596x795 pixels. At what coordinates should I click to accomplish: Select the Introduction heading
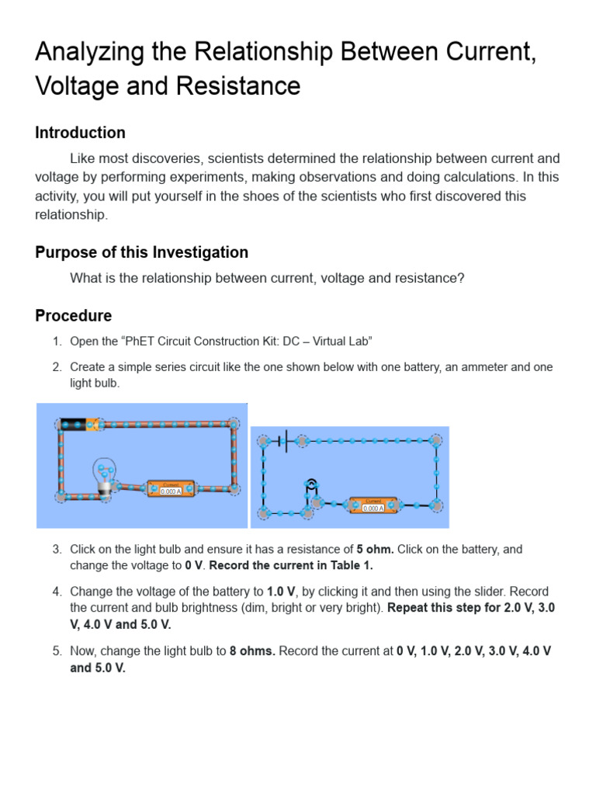[80, 133]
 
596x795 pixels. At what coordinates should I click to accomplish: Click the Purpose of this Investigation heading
[141, 252]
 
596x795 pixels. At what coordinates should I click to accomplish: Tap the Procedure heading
[73, 316]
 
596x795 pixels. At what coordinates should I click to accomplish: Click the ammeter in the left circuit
[171, 488]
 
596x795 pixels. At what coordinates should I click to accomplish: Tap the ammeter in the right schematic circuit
[373, 505]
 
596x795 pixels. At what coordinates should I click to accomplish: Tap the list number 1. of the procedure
[57, 342]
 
